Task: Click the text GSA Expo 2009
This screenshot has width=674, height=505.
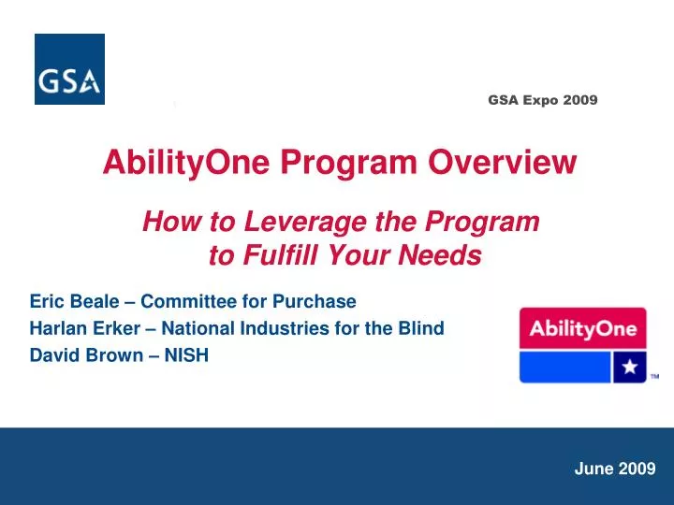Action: (542, 99)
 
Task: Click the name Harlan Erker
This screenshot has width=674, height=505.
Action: (80, 328)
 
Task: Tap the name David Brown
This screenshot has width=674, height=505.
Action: (78, 355)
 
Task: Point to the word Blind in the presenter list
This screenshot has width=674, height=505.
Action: (421, 328)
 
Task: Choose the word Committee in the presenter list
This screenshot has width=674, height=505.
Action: (187, 301)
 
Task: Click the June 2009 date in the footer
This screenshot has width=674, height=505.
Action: (614, 469)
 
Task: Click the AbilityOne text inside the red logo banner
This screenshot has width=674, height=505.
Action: (582, 328)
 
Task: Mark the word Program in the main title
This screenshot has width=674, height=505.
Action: (360, 164)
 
